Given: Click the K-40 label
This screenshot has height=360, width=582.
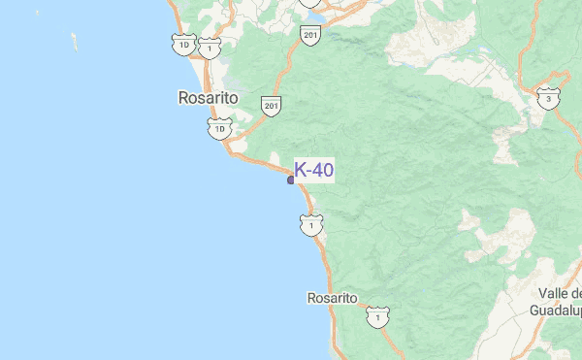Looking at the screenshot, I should [314, 170].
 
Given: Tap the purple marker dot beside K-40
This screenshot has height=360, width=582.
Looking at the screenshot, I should [291, 180].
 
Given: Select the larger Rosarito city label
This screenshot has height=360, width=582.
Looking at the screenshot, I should [209, 98].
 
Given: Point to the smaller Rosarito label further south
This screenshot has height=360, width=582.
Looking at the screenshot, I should [332, 298].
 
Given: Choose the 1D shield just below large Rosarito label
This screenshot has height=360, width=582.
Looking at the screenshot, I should [220, 128].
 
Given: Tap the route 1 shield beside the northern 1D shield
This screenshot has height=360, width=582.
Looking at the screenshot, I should [208, 48].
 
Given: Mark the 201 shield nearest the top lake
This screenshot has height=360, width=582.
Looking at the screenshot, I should [309, 36].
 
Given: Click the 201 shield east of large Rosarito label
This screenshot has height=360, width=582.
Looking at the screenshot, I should [272, 105].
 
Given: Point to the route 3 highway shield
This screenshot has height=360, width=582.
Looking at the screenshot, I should [549, 99].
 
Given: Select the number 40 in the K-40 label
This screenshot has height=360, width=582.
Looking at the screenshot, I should [323, 170].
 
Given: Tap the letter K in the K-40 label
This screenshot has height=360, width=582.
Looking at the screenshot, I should [300, 170].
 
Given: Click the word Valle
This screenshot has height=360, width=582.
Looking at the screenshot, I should [556, 293].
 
